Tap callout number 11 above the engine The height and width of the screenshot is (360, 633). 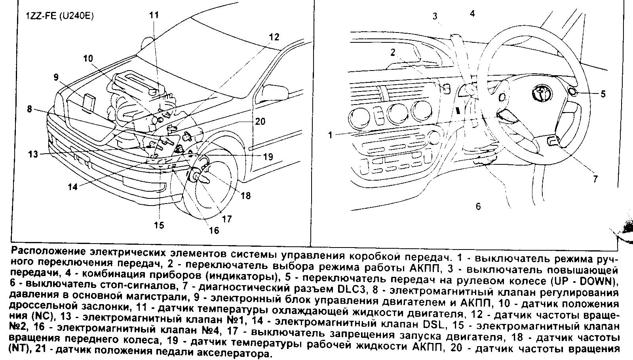154,15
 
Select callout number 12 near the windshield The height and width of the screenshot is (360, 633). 274,37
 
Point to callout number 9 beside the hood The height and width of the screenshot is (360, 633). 56,77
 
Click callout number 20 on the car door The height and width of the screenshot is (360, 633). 260,121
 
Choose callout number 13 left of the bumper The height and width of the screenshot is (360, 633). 33,154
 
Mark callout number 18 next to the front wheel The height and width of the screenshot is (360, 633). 245,195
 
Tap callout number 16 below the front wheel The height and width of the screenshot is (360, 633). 214,230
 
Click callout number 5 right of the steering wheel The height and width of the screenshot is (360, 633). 603,94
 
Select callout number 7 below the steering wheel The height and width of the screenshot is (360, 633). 595,179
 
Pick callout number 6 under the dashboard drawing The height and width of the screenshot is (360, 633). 478,206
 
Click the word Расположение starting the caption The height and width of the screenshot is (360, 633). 44,252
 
